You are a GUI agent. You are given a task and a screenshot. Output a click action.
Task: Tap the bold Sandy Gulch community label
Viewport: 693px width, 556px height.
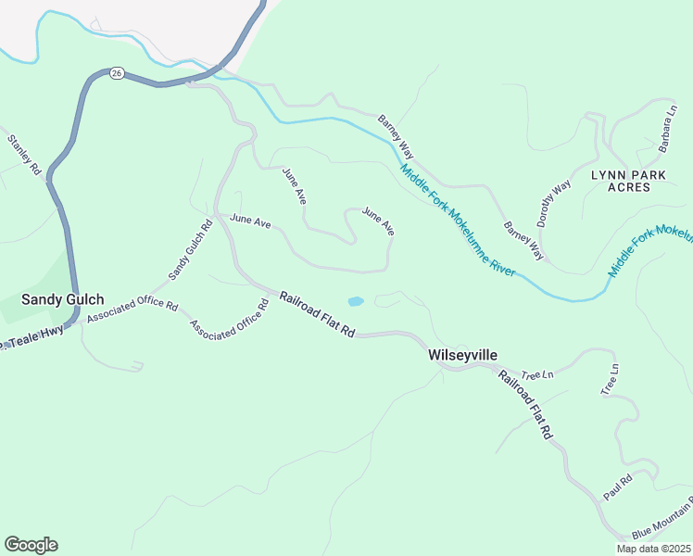tap(63, 299)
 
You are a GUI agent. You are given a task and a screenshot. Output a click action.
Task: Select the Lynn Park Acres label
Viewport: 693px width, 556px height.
tap(634, 180)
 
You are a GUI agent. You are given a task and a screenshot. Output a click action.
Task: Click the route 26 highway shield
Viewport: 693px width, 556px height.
tap(116, 73)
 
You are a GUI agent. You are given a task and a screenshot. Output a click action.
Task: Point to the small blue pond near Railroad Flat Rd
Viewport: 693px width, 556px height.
tap(355, 301)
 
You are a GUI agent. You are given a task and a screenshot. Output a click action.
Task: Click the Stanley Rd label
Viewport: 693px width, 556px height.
tap(25, 156)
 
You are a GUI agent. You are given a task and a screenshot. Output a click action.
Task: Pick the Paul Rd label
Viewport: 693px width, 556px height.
tap(617, 487)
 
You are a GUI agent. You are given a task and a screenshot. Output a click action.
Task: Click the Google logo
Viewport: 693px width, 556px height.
tap(31, 545)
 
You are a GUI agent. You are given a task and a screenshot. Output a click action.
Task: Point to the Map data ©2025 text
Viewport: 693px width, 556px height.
tap(652, 549)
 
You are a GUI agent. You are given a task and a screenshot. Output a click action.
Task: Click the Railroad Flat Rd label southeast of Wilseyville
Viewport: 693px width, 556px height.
tap(526, 404)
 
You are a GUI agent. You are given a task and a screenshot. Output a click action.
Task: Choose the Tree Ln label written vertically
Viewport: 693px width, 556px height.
tap(609, 380)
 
